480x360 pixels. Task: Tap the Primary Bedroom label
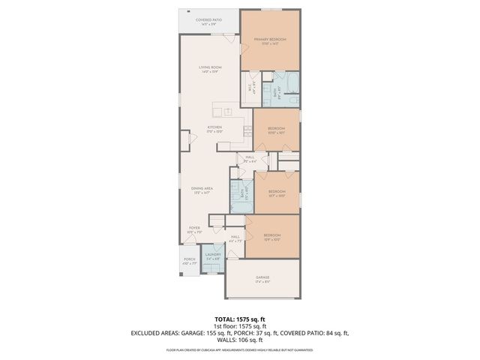[x=270, y=40]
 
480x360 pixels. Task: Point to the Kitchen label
[x=215, y=129]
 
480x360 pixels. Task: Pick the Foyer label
[x=194, y=230]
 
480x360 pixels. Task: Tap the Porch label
[x=189, y=261]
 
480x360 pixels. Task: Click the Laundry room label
[x=214, y=256]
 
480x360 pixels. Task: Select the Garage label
[x=262, y=279]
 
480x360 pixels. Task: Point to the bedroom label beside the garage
[x=272, y=238]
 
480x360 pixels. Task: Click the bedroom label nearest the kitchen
[x=276, y=129]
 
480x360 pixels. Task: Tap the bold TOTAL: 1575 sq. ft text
[x=240, y=319]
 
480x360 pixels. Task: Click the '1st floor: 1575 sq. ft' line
[x=240, y=326]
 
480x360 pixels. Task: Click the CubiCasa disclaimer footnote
[x=240, y=349]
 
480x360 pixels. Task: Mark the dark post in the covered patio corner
[x=187, y=11]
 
